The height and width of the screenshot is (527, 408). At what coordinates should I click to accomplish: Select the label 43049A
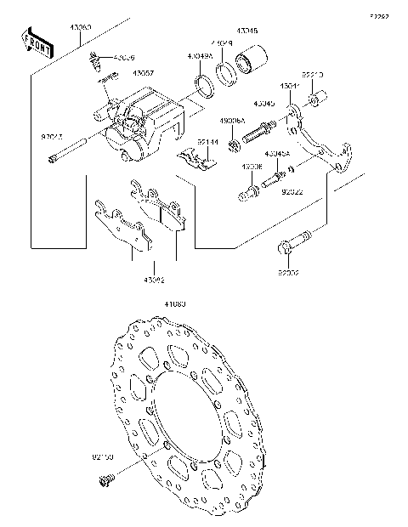tap(200, 57)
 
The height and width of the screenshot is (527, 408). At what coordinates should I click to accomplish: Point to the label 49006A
tap(233, 122)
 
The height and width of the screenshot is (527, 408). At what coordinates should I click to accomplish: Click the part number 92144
tap(208, 141)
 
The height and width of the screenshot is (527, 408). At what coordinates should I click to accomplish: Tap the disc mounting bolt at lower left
tap(106, 480)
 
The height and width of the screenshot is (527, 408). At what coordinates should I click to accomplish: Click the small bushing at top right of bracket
tap(314, 104)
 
